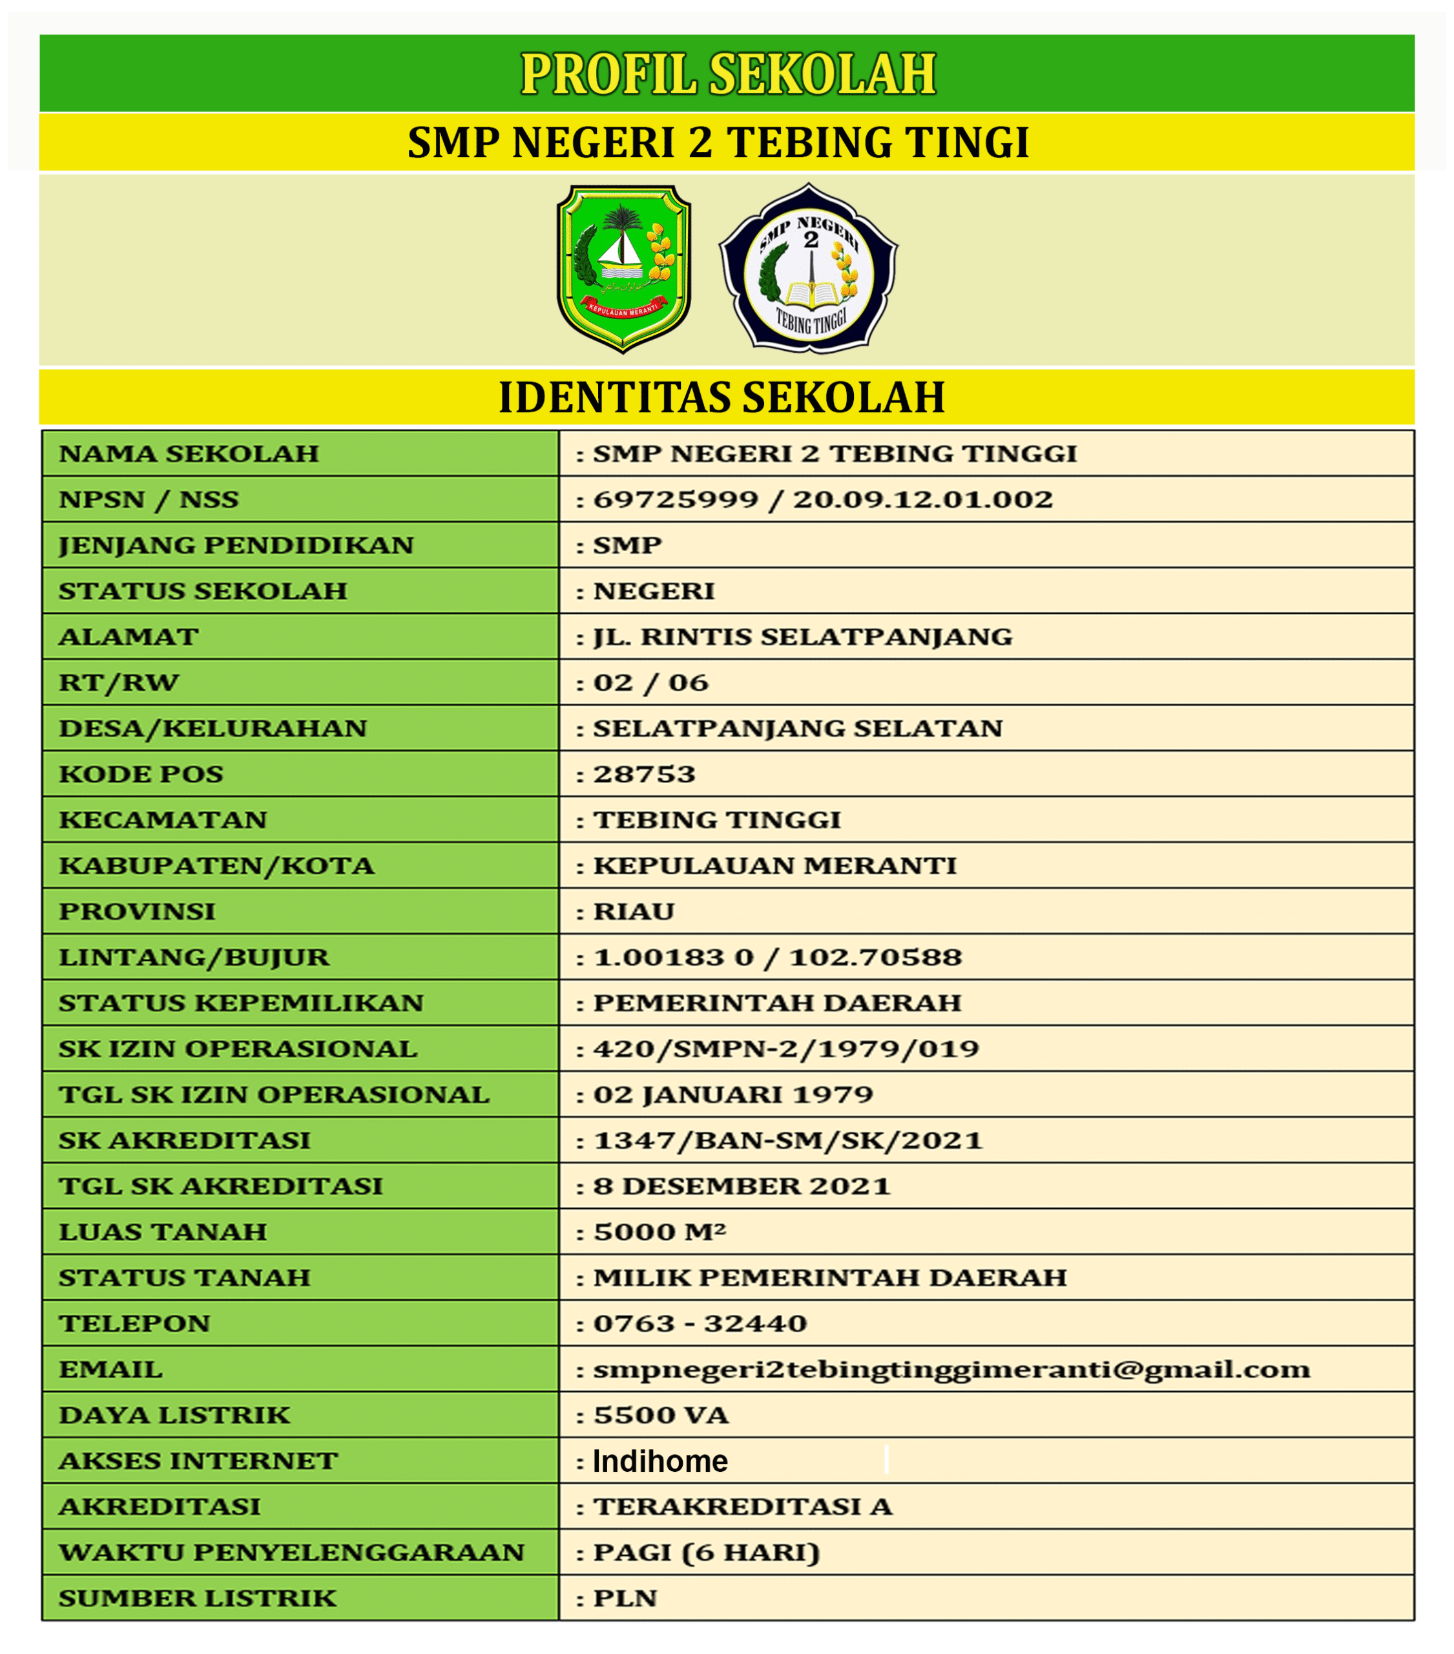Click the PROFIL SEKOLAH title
(x=727, y=74)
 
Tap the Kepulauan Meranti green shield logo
(x=623, y=269)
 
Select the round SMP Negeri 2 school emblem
(x=808, y=270)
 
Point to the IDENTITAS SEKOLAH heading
(x=721, y=397)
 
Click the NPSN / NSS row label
(x=149, y=499)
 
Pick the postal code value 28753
(x=644, y=775)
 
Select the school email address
(x=951, y=1370)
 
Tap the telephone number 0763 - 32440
(x=700, y=1324)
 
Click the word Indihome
(x=660, y=1461)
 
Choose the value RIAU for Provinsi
(x=634, y=912)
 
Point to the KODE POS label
(x=141, y=775)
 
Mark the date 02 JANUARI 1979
(x=733, y=1095)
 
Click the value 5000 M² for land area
(x=659, y=1232)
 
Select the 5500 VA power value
(x=661, y=1416)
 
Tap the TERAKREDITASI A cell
(x=743, y=1507)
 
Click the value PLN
(x=625, y=1599)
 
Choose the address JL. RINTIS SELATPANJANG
(x=802, y=637)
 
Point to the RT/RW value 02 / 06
(x=650, y=683)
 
